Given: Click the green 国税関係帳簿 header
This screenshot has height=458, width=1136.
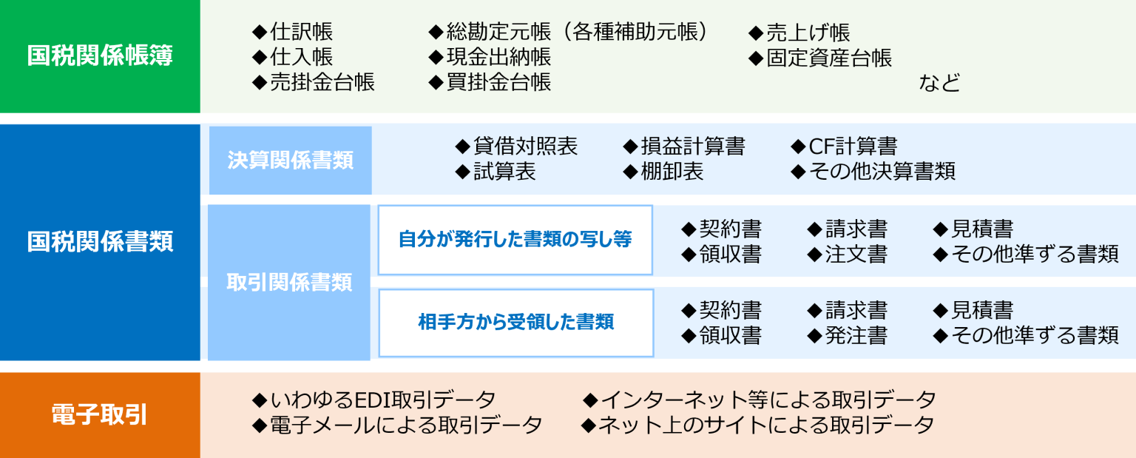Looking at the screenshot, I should click(x=100, y=56).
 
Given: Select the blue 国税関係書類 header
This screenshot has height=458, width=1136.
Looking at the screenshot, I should click(x=100, y=242).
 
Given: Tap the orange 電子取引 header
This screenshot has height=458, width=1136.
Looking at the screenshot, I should click(x=100, y=415).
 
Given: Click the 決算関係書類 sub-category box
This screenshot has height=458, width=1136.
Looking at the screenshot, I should click(x=290, y=161).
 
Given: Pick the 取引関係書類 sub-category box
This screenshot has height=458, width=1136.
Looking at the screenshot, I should click(x=289, y=283).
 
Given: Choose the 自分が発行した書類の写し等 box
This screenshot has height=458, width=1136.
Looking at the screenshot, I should click(x=515, y=240).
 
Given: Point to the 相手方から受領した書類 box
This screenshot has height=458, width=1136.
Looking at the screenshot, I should click(x=515, y=323).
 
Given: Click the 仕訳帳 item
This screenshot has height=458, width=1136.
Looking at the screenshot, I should click(x=293, y=32).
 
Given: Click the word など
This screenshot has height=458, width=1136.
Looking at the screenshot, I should click(x=939, y=83).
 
